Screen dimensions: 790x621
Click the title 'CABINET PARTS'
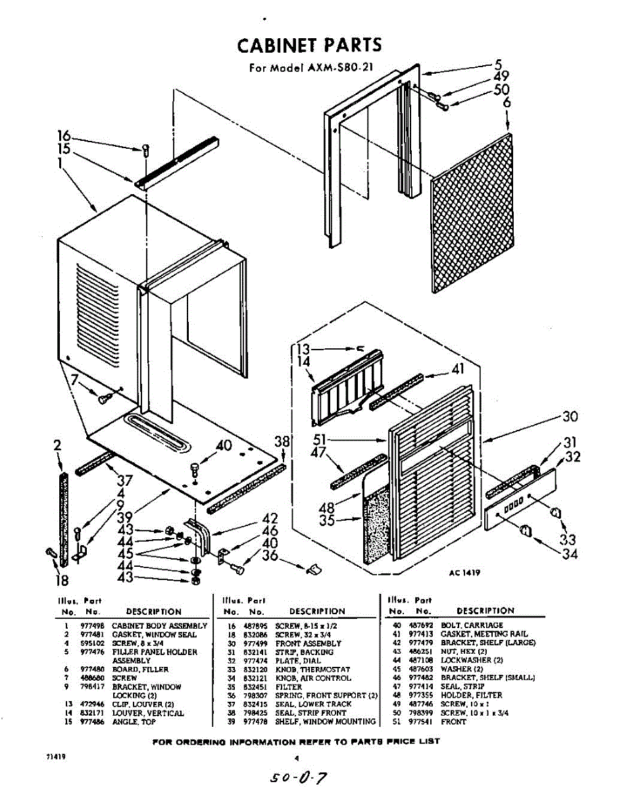coord(309,45)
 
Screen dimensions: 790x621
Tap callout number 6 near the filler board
coord(507,103)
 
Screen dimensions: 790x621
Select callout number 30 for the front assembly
coord(570,417)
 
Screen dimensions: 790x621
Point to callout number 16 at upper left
coord(64,137)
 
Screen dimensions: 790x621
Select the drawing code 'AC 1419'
coord(465,572)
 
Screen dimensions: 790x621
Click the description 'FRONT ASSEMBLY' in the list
coord(308,643)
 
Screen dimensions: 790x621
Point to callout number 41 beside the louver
coord(457,370)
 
